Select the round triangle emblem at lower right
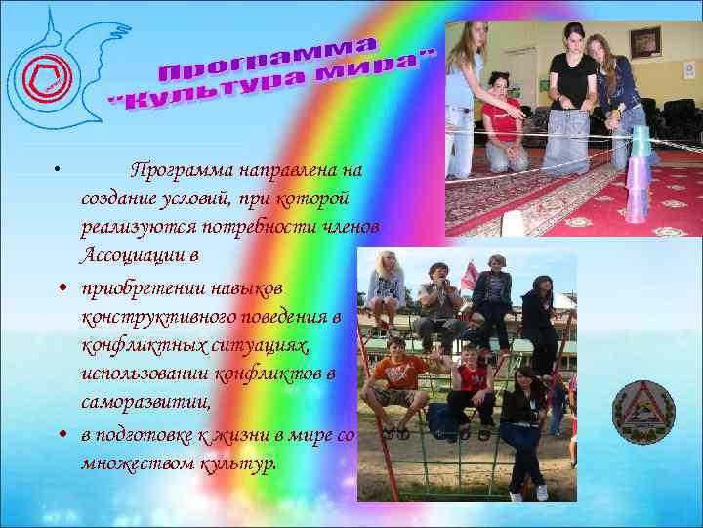[642, 412]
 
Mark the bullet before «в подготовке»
[62, 433]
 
